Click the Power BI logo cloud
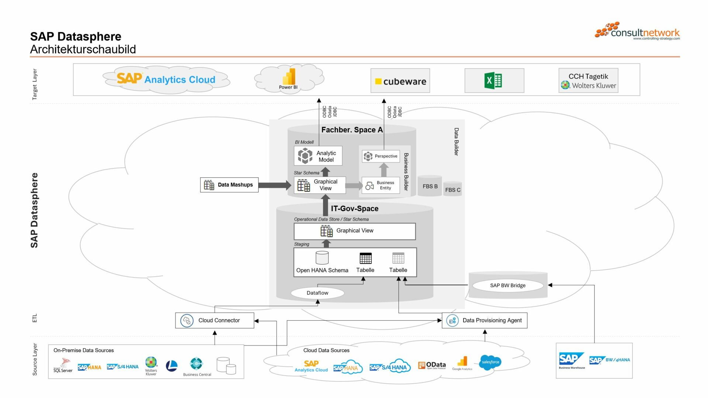coord(289,78)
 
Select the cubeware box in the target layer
coord(400,81)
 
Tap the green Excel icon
coord(493,80)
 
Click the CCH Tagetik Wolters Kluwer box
coord(588,80)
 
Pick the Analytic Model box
coord(318,156)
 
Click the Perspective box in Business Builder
coord(381,156)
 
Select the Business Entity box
coord(381,185)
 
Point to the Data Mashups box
coord(229,185)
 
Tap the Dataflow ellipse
coord(317,293)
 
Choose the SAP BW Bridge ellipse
coord(508,285)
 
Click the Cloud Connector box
coord(215,320)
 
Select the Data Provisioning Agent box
coord(485,320)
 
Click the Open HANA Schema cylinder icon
coord(322,258)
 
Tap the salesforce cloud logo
coord(490,362)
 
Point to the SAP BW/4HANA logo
coord(609,360)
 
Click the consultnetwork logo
coord(638,31)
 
